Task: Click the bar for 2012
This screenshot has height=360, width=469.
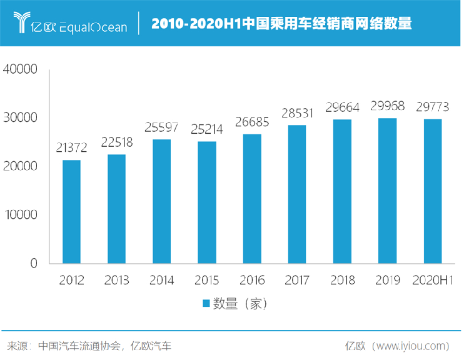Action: pyautogui.click(x=72, y=212)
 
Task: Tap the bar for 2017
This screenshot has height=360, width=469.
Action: pyautogui.click(x=297, y=194)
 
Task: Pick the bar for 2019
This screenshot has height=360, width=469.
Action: pyautogui.click(x=387, y=191)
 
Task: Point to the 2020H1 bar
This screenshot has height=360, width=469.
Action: pyautogui.click(x=433, y=191)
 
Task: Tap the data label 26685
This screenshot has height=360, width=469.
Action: pyautogui.click(x=252, y=122)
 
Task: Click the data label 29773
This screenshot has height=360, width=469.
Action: pyautogui.click(x=432, y=106)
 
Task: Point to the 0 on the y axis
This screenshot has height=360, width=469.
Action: pyautogui.click(x=34, y=263)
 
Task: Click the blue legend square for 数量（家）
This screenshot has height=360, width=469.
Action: pyautogui.click(x=205, y=304)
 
